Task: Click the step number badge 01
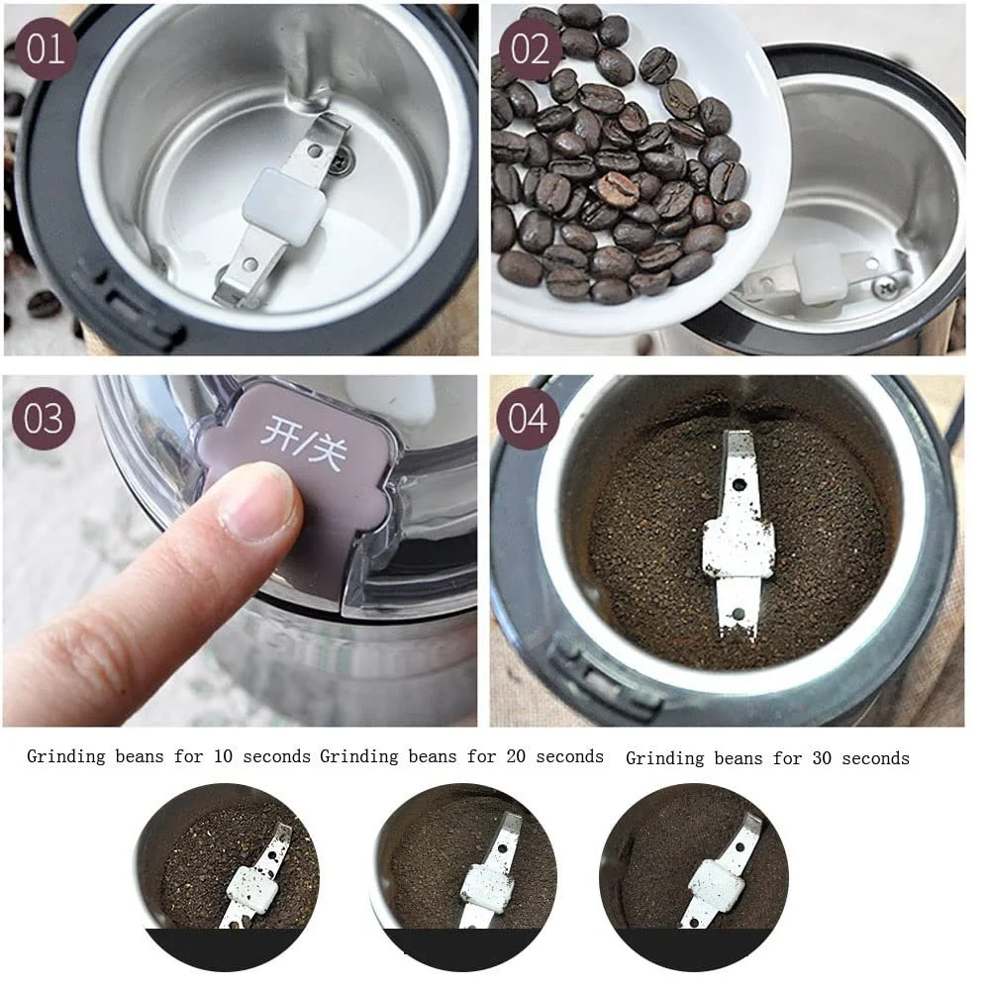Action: pyautogui.click(x=47, y=49)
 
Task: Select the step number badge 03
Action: pyautogui.click(x=44, y=419)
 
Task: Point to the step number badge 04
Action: pyautogui.click(x=528, y=419)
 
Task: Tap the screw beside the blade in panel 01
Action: pyautogui.click(x=342, y=162)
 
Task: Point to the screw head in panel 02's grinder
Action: pyautogui.click(x=883, y=287)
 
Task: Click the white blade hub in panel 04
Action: pyautogui.click(x=739, y=547)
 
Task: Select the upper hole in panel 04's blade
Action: pyautogui.click(x=739, y=485)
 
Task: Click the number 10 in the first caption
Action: pyautogui.click(x=223, y=756)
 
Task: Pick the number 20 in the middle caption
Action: pyautogui.click(x=516, y=756)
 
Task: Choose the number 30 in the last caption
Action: pyautogui.click(x=822, y=758)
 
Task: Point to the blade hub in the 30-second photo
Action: pyautogui.click(x=717, y=885)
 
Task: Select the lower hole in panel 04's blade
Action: pyautogui.click(x=738, y=613)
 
